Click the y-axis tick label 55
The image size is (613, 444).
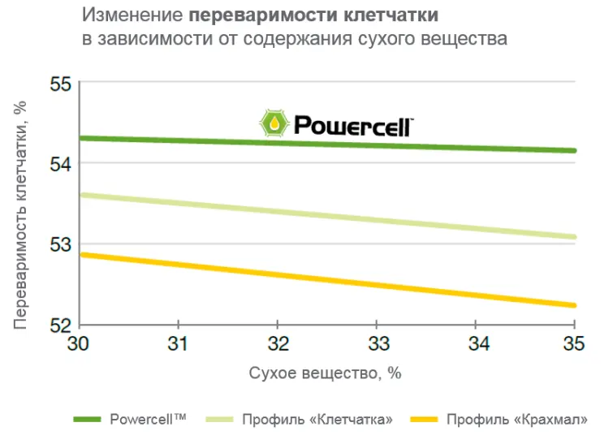click(x=61, y=84)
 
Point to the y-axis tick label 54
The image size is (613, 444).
click(x=61, y=164)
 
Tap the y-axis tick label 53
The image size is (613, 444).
click(x=61, y=245)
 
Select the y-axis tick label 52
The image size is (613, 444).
click(x=61, y=325)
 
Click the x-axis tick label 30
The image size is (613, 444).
click(x=78, y=344)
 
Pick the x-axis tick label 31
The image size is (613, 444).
click(x=178, y=344)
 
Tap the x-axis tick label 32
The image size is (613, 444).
click(x=278, y=344)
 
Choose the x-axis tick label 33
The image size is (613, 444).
click(x=378, y=344)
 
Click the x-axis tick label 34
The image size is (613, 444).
click(x=479, y=344)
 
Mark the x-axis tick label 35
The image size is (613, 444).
click(x=574, y=344)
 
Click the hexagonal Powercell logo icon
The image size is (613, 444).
click(x=274, y=123)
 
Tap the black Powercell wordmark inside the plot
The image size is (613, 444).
click(x=353, y=126)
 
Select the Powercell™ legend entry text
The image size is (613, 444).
click(x=148, y=419)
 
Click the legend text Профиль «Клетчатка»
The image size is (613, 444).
click(x=317, y=420)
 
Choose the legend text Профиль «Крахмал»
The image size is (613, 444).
click(x=517, y=420)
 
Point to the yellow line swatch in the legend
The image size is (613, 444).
click(x=424, y=420)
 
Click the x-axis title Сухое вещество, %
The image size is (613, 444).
click(x=325, y=373)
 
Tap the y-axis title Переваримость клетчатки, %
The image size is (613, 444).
click(x=19, y=215)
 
